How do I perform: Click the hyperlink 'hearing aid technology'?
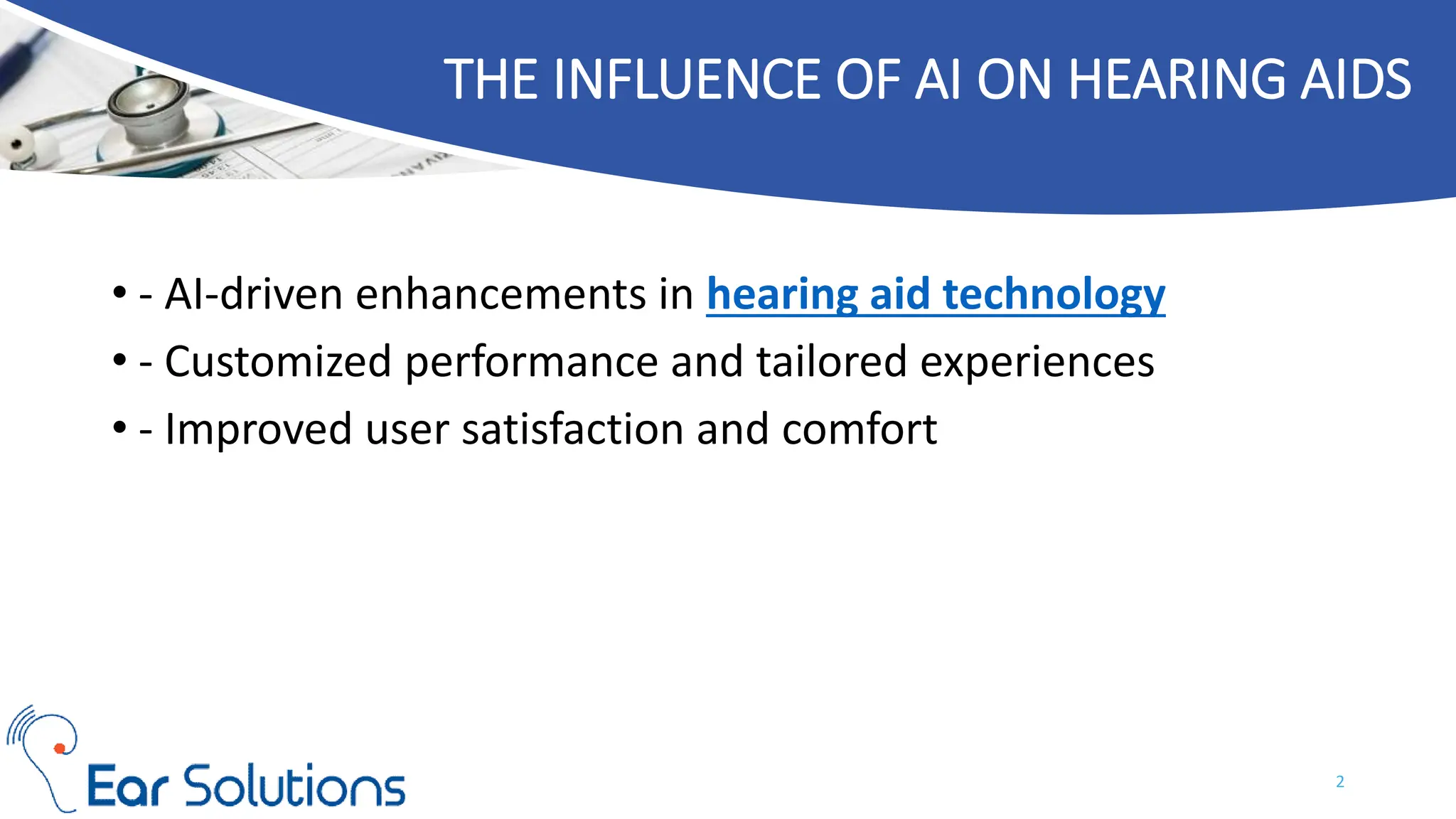(x=936, y=294)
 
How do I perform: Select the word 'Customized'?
(x=278, y=362)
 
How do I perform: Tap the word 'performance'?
(x=531, y=362)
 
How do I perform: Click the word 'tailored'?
(x=831, y=362)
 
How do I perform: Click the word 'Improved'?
(x=258, y=429)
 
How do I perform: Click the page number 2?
(x=1340, y=782)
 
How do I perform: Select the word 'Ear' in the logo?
(x=127, y=787)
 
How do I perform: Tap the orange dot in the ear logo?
(x=60, y=748)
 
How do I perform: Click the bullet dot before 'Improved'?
(x=119, y=428)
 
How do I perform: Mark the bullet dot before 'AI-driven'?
(x=119, y=293)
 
